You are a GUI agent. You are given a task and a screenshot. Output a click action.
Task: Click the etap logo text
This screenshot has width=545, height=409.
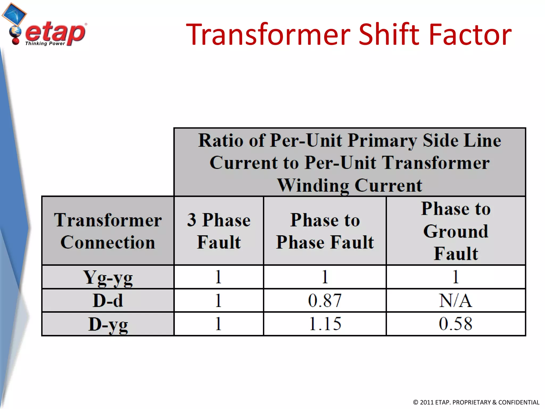(x=55, y=32)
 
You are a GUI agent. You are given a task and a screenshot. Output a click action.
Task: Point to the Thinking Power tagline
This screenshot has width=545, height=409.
(x=45, y=43)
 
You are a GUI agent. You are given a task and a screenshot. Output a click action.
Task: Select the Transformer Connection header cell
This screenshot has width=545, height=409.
(x=108, y=231)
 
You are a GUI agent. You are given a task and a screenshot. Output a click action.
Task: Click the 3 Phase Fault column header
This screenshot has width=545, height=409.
(x=219, y=231)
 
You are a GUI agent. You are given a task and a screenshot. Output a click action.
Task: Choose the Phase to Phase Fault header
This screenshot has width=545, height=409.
(x=325, y=231)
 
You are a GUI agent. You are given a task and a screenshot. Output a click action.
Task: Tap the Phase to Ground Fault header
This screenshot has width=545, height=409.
(x=456, y=231)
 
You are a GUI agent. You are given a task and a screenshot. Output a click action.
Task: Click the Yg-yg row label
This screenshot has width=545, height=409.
(x=108, y=277)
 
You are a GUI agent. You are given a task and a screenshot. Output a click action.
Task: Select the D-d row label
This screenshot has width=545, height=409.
(x=108, y=301)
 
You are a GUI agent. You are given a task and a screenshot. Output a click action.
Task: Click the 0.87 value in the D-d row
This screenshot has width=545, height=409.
(x=325, y=301)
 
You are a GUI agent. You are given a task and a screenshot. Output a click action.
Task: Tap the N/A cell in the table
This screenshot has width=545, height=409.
(x=456, y=301)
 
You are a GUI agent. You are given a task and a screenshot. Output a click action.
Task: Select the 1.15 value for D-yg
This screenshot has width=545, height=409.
(x=325, y=324)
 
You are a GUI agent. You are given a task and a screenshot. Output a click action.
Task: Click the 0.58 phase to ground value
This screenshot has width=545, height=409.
(x=456, y=324)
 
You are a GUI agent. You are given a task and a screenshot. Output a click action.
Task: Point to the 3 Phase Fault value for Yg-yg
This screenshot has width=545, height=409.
(x=218, y=277)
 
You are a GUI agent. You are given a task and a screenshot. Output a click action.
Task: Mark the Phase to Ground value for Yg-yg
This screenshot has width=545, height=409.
(x=456, y=277)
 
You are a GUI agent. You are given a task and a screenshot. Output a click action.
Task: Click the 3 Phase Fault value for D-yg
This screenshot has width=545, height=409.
(x=218, y=324)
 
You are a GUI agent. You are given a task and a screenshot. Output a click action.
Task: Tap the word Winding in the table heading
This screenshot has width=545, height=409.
(x=313, y=186)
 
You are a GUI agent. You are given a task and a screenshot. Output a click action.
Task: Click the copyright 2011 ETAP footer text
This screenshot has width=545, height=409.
(x=476, y=402)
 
